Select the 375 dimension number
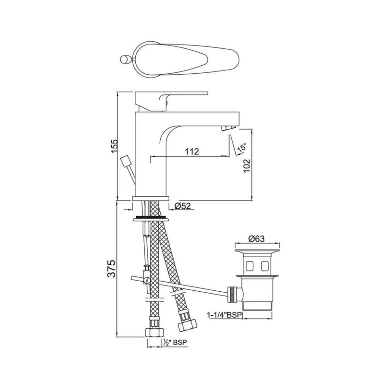(112, 268)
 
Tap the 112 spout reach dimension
(192, 151)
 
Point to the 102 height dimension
(246, 166)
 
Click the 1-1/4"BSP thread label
(225, 315)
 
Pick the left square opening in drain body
(249, 266)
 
